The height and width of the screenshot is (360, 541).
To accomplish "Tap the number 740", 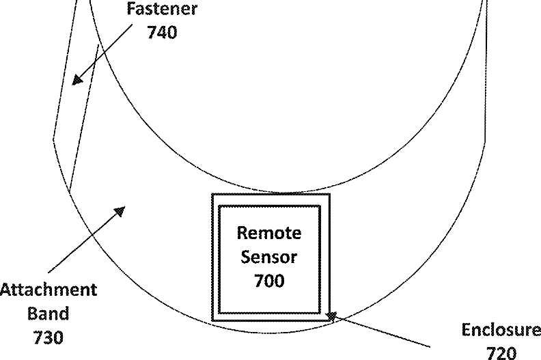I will (162, 31).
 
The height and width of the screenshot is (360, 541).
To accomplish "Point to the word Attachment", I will (48, 290).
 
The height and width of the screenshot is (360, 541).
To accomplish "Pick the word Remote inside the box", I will (268, 233).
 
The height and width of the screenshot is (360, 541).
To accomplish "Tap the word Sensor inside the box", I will (268, 256).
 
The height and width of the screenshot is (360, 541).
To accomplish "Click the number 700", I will (268, 279).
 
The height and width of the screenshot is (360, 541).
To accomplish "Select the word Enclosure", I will (501, 330).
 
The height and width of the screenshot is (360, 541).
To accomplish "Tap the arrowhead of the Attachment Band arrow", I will (120, 210).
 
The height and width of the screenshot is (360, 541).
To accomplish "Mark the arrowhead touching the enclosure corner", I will (332, 316).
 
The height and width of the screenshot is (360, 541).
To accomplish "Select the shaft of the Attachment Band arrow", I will (85, 239).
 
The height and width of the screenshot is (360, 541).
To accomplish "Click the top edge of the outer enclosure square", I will (270, 195).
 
